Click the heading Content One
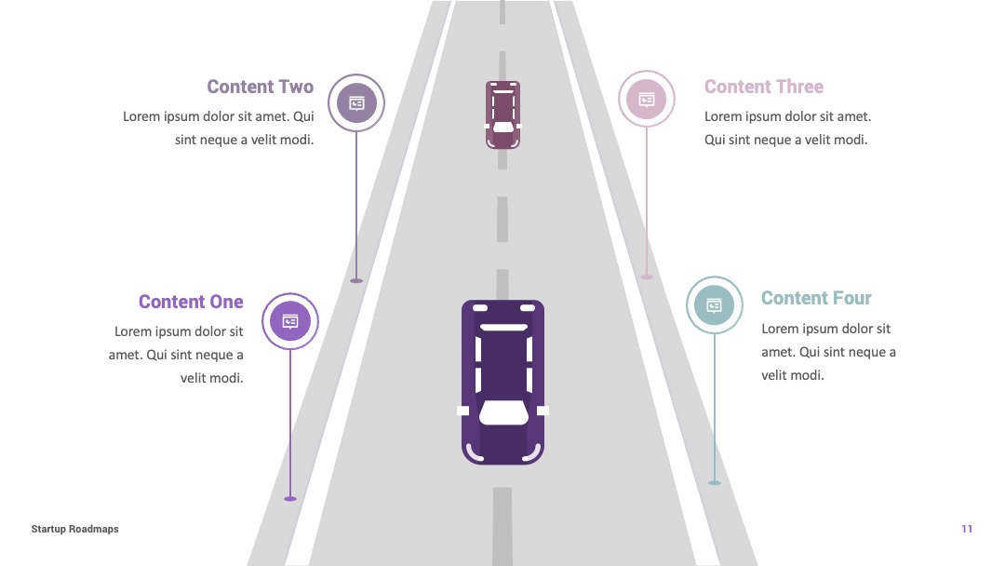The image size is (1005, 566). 191,302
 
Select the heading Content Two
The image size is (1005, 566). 261,87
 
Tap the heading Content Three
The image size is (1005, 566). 763,87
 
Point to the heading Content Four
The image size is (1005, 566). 816,298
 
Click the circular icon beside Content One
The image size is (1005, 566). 290,321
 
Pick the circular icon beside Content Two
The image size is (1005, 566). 356,102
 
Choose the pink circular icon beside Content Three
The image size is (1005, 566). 647,100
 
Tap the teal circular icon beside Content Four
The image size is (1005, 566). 715,305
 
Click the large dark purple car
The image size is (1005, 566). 503,382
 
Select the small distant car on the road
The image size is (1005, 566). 502,115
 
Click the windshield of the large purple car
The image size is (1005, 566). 503,412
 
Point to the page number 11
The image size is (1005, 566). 967,529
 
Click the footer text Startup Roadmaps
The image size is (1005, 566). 75,529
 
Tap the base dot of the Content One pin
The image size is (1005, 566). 290,498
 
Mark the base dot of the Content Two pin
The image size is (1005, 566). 356,281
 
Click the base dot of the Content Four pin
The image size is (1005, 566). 715,482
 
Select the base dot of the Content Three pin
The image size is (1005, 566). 647,276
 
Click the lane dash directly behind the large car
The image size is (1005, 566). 502,526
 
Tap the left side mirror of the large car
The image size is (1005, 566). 462,411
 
